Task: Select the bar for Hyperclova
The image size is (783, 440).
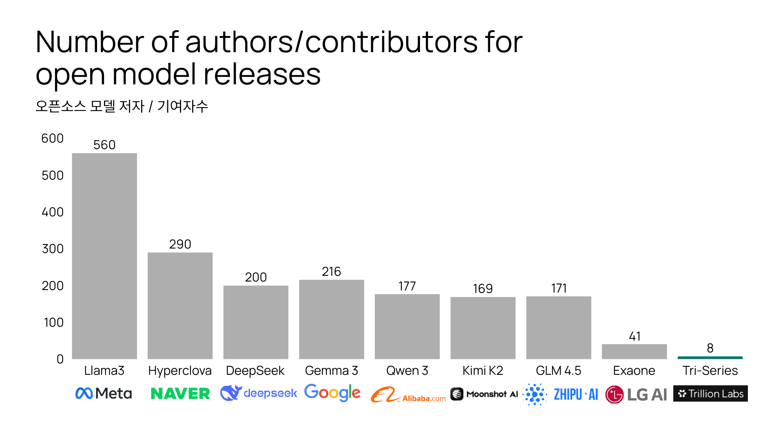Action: (180, 306)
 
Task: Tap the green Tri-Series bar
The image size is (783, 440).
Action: (710, 358)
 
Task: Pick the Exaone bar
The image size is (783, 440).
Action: (634, 352)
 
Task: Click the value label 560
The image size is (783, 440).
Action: (104, 145)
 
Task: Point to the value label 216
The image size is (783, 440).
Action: (331, 272)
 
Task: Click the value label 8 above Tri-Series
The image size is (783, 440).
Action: (710, 348)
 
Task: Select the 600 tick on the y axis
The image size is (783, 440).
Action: (53, 139)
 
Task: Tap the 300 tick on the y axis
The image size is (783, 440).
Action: (53, 249)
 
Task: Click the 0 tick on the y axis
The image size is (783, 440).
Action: (60, 359)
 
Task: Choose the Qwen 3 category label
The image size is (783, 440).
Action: (407, 371)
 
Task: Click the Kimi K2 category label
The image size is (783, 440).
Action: (483, 371)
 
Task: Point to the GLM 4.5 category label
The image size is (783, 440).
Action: (558, 371)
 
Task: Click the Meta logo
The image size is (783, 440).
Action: (104, 394)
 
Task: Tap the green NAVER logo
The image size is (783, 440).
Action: (180, 394)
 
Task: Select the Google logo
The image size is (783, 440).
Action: (332, 393)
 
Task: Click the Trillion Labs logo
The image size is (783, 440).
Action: (710, 394)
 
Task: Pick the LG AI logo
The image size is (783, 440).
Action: (636, 394)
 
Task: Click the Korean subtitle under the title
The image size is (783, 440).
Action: (122, 106)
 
